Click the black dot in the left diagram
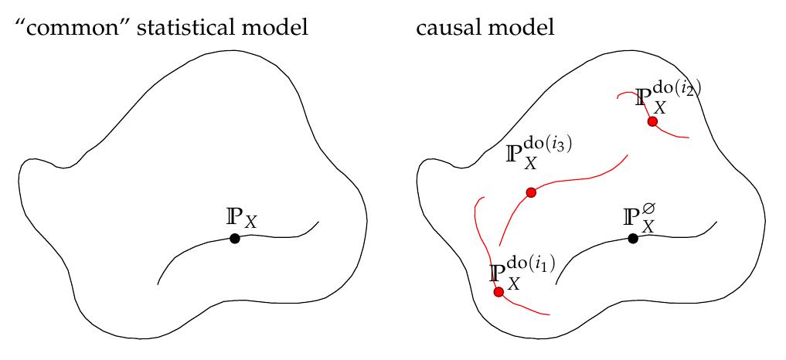(235, 239)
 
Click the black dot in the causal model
(633, 239)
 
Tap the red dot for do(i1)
(498, 292)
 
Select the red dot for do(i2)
(652, 122)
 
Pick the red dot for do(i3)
(531, 192)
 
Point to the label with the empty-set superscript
(640, 216)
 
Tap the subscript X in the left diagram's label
(251, 223)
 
